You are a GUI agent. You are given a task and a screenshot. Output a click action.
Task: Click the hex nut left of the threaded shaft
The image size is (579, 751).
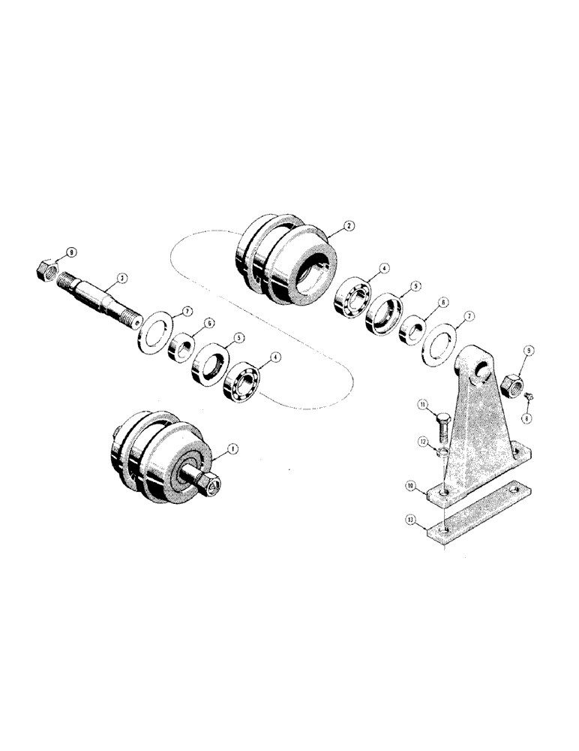[48, 267]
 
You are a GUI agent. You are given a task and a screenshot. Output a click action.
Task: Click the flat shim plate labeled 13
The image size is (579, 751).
[480, 518]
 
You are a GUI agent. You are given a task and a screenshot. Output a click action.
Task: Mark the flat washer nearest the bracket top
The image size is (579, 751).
[439, 342]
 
